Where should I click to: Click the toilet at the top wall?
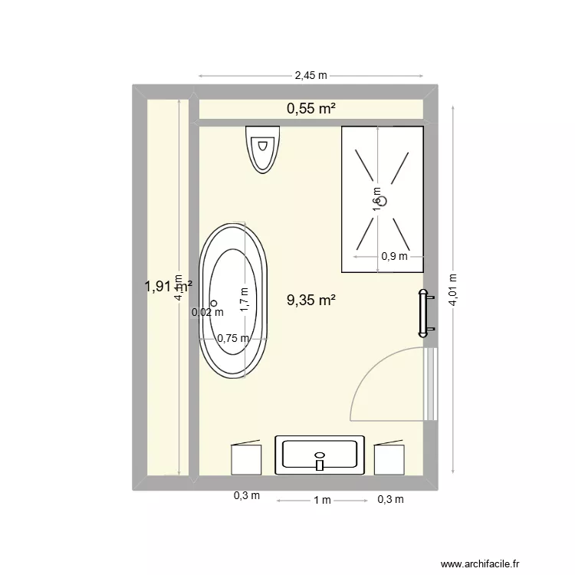point(263,148)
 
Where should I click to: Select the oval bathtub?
point(234,301)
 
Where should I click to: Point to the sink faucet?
point(320,462)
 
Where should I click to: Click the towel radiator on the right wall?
point(424,313)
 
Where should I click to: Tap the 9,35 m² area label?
point(311,301)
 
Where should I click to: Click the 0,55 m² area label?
point(311,109)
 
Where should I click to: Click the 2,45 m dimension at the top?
point(310,75)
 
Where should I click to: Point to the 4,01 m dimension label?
point(453,291)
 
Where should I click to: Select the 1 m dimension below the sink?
point(321,501)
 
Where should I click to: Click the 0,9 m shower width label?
point(394,257)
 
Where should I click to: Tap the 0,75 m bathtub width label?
point(233,338)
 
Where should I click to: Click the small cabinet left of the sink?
point(246,458)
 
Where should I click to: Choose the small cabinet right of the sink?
point(389,458)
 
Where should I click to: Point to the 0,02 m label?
point(208,312)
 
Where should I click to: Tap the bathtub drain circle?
point(215,304)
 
